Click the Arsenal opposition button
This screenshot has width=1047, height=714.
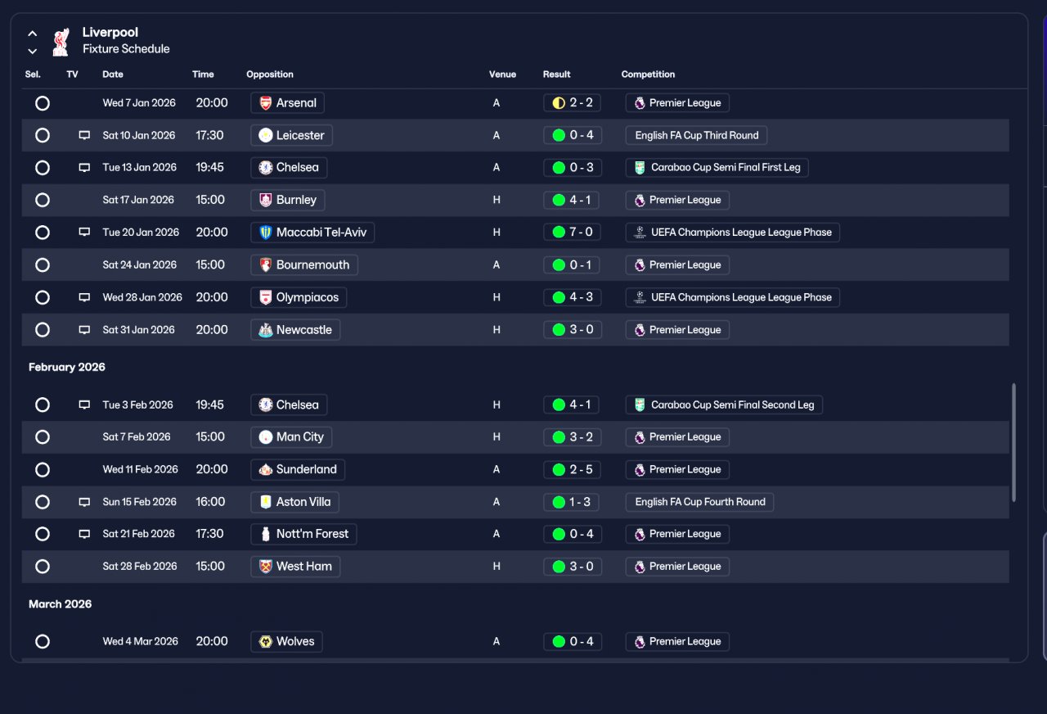287,103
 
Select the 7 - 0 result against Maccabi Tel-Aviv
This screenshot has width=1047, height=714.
572,232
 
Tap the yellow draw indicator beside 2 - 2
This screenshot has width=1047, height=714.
559,103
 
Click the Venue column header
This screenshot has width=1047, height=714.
502,75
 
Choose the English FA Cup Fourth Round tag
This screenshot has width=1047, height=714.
699,502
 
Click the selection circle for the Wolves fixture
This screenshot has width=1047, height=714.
43,641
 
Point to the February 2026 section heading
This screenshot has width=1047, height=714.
67,368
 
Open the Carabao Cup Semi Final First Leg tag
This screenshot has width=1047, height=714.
717,168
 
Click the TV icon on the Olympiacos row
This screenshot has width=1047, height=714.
84,297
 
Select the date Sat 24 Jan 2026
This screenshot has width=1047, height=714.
139,264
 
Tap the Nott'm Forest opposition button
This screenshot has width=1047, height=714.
303,534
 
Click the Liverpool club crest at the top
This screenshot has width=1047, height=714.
61,42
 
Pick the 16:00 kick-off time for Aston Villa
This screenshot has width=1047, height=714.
210,502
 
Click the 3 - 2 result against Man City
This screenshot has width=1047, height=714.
572,437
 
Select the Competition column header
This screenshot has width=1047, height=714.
648,75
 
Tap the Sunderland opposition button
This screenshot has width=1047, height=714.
298,470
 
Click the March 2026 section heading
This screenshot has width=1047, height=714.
61,604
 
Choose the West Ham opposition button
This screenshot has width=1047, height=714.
295,567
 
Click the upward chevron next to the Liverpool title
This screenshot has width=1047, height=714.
32,34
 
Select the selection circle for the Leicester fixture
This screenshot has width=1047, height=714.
43,136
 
